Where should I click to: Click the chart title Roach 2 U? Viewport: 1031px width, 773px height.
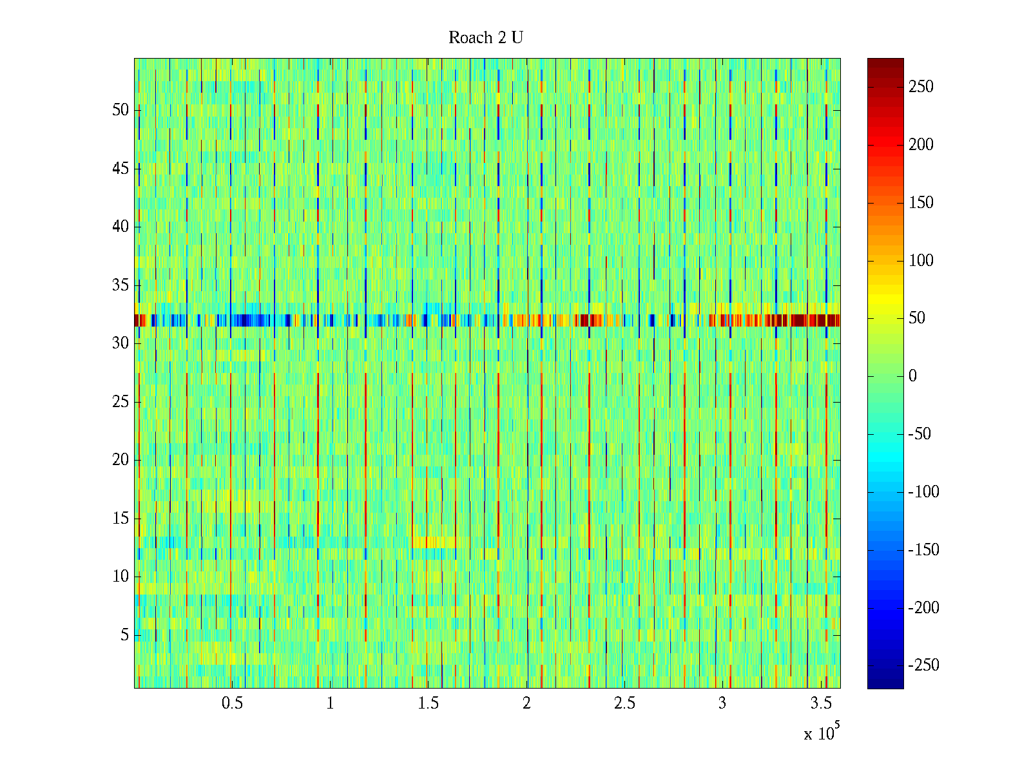pyautogui.click(x=486, y=38)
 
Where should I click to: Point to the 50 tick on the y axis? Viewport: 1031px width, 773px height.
pyautogui.click(x=120, y=110)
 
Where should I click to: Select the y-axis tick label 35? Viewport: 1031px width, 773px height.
pyautogui.click(x=120, y=285)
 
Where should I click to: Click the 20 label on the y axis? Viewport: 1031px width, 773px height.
pyautogui.click(x=120, y=460)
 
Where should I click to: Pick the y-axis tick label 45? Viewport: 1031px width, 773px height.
pyautogui.click(x=120, y=169)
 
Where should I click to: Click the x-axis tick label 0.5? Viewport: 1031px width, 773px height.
pyautogui.click(x=232, y=703)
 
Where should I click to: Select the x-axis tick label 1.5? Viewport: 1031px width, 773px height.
pyautogui.click(x=429, y=703)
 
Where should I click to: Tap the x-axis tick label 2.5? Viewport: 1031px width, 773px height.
pyautogui.click(x=624, y=703)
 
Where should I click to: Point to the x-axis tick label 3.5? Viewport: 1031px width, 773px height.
pyautogui.click(x=820, y=703)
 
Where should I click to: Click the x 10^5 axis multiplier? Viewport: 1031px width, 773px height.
pyautogui.click(x=821, y=733)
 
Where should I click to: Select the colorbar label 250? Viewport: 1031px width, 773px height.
pyautogui.click(x=921, y=87)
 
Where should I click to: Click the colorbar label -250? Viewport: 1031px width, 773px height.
pyautogui.click(x=923, y=665)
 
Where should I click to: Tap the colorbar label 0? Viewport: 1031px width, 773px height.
pyautogui.click(x=912, y=376)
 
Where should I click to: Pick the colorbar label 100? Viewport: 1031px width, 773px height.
pyautogui.click(x=921, y=261)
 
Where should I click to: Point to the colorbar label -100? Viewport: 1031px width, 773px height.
pyautogui.click(x=923, y=492)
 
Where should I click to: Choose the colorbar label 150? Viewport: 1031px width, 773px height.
pyautogui.click(x=921, y=203)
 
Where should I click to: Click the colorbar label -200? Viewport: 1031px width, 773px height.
pyautogui.click(x=923, y=607)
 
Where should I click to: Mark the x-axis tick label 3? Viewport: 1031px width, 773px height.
pyautogui.click(x=722, y=703)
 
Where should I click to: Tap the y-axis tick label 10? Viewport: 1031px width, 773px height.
pyautogui.click(x=120, y=577)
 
